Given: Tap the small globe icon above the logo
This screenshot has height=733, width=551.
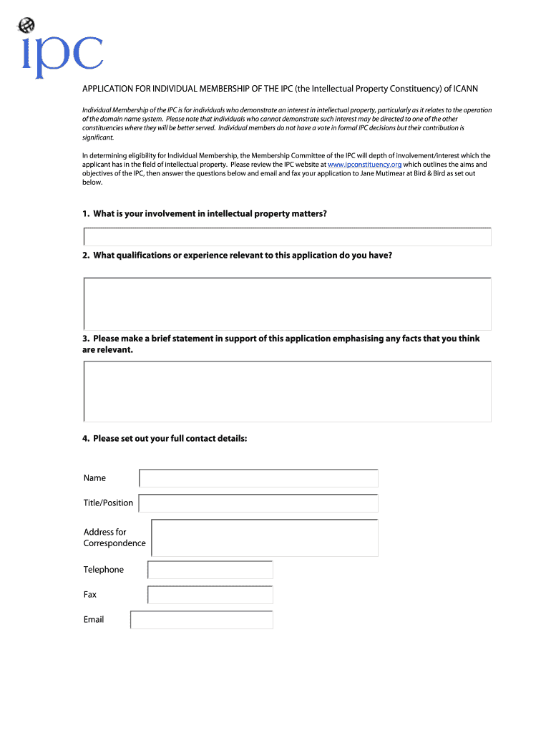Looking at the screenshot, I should [26, 26].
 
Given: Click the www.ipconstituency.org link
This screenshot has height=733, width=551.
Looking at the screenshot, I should [364, 164].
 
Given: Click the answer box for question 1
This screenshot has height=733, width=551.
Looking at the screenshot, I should [287, 237].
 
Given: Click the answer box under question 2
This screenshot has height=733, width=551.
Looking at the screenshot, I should [287, 304].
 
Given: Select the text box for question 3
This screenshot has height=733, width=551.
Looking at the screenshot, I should [287, 392].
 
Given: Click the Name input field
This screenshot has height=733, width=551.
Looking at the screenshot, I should [258, 478].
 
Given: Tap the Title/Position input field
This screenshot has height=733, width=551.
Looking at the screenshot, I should [258, 503].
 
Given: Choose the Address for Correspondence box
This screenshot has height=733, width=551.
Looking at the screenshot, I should [265, 538].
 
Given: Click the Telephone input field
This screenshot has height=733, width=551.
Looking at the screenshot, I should [210, 570].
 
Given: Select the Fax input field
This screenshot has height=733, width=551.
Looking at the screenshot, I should [210, 595].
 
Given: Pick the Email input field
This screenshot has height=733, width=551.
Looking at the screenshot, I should [201, 620].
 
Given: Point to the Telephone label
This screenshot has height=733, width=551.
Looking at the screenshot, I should [103, 570].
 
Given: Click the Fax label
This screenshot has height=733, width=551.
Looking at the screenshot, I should [90, 595].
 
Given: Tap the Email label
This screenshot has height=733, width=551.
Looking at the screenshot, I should [94, 620].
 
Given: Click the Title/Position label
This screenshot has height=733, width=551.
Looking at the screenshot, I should [108, 503].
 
